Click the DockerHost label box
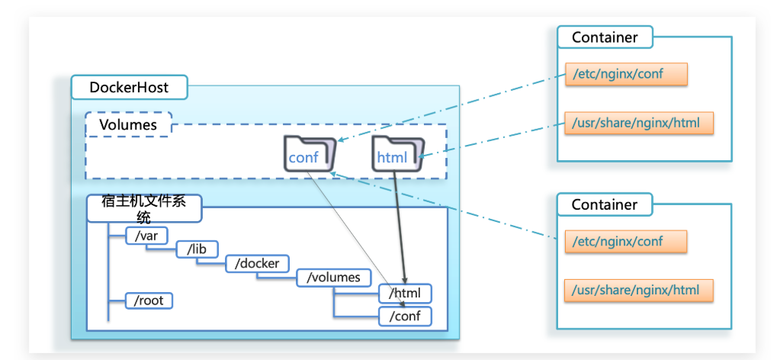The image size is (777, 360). [x=128, y=88]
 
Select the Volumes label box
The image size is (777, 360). [x=128, y=124]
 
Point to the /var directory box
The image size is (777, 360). [x=146, y=236]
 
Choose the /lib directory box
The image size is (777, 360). [x=197, y=249]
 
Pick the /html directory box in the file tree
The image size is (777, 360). [x=405, y=293]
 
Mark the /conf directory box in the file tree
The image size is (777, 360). [x=405, y=316]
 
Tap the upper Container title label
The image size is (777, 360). [x=605, y=37]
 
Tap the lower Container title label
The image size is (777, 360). [x=605, y=204]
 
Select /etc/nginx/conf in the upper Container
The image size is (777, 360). [x=626, y=74]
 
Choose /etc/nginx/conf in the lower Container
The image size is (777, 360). [x=626, y=241]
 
